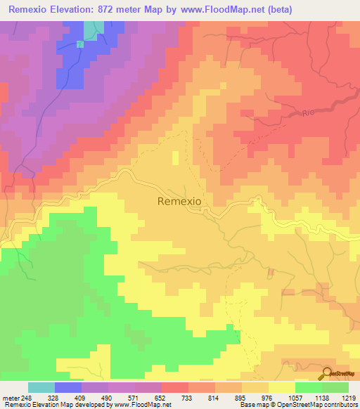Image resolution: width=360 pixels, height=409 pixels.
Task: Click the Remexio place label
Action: (x=179, y=201)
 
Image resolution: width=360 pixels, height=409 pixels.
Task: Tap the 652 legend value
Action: (x=162, y=397)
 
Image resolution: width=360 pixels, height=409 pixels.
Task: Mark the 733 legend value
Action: (x=188, y=397)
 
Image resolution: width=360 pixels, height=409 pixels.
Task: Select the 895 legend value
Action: (x=242, y=397)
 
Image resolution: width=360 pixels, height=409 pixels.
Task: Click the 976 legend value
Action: (x=269, y=397)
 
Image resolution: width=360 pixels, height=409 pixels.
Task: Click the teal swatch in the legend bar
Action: (x=41, y=387)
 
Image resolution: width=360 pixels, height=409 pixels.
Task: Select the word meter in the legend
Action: (x=11, y=397)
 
